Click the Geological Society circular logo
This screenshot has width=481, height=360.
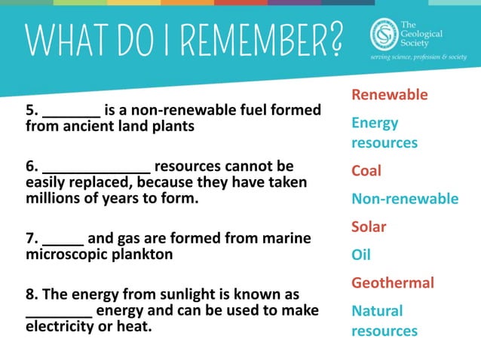click(383, 34)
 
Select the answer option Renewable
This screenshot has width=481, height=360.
click(390, 95)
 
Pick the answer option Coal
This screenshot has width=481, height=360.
click(366, 171)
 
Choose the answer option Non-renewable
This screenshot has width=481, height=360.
click(405, 199)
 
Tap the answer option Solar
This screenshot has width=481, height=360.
click(369, 227)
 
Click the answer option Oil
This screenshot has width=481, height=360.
click(361, 255)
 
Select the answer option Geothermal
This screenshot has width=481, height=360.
click(393, 283)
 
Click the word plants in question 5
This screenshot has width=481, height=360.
click(173, 127)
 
